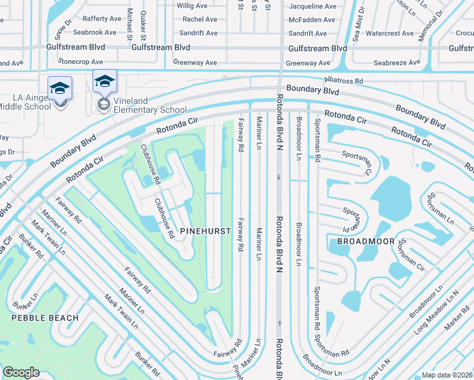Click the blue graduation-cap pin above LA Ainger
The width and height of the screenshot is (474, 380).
pyautogui.click(x=60, y=88)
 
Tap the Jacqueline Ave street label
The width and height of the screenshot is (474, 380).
pyautogui.click(x=312, y=6)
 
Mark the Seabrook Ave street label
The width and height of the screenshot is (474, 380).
pyautogui.click(x=94, y=32)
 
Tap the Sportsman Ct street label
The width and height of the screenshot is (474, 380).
pyautogui.click(x=356, y=161)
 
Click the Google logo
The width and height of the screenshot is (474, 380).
pyautogui.click(x=21, y=372)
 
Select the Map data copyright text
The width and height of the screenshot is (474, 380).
pyautogui.click(x=447, y=375)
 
